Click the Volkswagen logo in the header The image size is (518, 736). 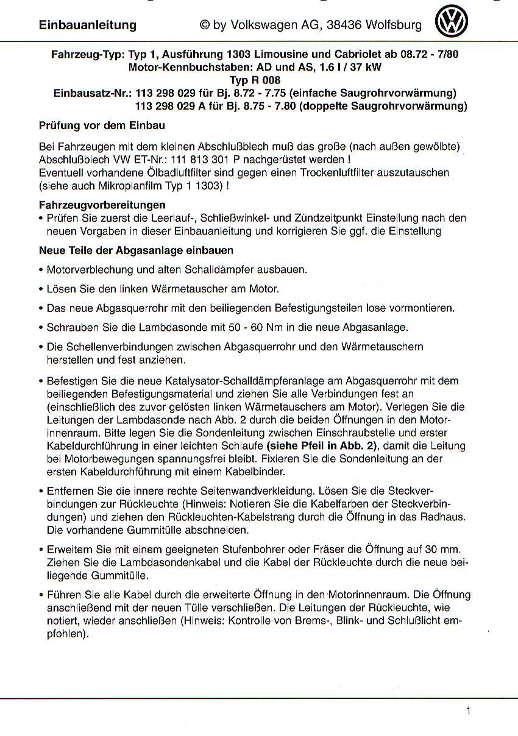452,23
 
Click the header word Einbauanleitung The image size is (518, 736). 88,25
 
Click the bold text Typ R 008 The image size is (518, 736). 255,80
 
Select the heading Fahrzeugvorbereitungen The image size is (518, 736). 102,205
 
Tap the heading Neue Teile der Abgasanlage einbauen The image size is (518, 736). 136,250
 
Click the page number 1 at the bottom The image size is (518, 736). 468,710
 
